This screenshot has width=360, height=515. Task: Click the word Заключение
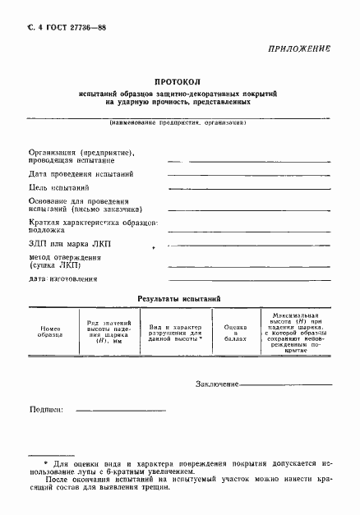pos(217,384)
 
